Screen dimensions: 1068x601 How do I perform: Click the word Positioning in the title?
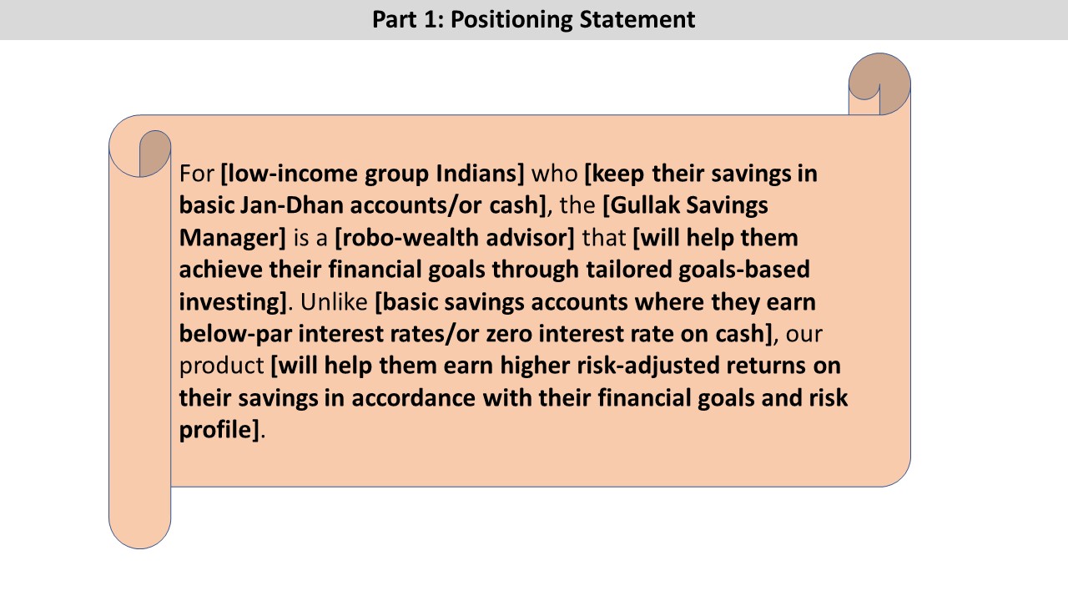[x=511, y=20]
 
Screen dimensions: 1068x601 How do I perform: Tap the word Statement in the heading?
[x=637, y=19]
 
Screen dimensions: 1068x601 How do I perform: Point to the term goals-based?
[x=743, y=270]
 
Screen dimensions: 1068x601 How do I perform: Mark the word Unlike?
[x=334, y=301]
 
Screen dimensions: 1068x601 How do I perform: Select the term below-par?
[x=235, y=334]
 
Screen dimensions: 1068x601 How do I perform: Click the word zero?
[x=509, y=333]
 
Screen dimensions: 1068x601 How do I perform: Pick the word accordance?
[x=413, y=398]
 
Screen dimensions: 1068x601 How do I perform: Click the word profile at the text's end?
[x=215, y=430]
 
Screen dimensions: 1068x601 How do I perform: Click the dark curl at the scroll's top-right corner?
[x=886, y=80]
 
